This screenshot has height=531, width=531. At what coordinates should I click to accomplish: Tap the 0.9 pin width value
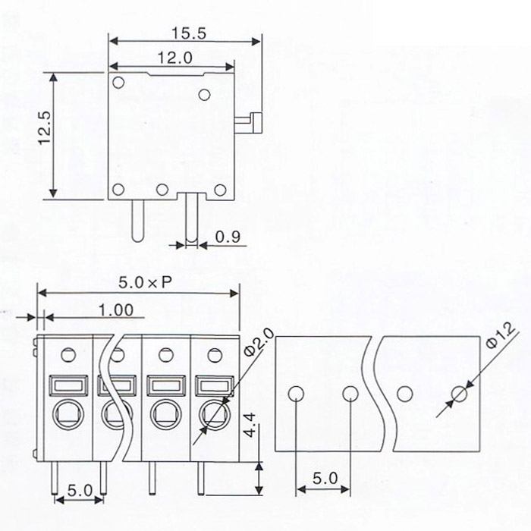point(228,237)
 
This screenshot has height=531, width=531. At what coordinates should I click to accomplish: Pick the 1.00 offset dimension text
point(115,309)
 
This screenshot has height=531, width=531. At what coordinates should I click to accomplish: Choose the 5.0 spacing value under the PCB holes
point(322,479)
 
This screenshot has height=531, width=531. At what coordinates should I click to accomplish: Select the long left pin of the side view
point(137,219)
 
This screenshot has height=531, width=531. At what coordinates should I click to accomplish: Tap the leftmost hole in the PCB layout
point(296,393)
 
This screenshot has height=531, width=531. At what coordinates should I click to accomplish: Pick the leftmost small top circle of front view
point(68,353)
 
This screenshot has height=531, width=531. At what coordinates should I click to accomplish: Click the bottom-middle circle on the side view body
point(162,190)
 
